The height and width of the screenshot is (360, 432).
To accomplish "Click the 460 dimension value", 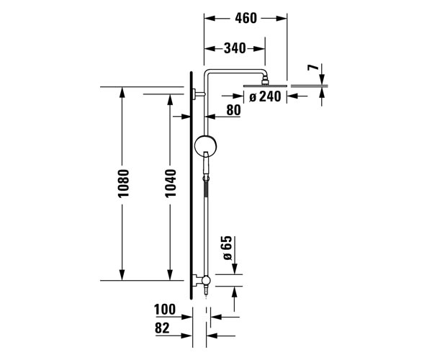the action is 246,18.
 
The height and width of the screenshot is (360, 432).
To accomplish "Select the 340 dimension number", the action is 235,48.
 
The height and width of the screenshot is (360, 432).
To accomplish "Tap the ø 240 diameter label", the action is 265,96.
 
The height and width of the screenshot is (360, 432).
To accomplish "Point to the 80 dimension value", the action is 233,110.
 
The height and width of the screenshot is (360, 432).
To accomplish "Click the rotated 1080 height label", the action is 123,184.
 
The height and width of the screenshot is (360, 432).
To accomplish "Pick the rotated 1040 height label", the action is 171,183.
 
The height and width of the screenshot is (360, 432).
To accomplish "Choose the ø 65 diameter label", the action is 228,248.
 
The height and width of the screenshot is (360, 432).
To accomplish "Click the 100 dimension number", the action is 165,310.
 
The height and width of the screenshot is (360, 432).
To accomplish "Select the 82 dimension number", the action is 162,328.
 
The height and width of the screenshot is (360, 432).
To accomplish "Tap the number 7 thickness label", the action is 313,67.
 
